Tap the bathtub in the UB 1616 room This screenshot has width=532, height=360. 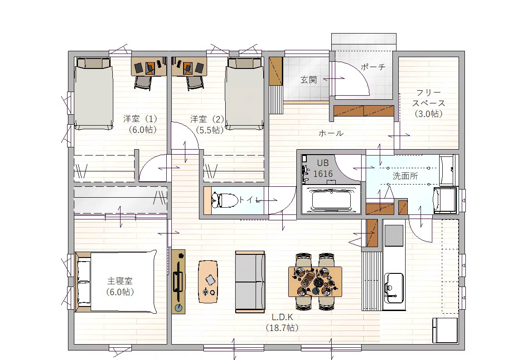pos(331,200)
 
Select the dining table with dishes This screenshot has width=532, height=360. pos(315,282)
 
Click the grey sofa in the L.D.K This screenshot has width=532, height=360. pos(250,282)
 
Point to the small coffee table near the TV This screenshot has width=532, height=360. pos(208,282)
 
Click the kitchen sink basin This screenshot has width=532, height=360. pos(394,288)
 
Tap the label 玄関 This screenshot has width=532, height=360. pos(309,80)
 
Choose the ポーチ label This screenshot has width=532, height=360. pos(373,67)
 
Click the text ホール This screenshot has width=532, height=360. pos(331,133)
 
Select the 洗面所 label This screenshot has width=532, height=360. pos(405,176)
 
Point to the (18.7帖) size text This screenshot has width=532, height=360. pos(282,328)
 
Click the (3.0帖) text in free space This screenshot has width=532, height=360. pos(429,114)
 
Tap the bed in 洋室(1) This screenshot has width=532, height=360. pos(93,93)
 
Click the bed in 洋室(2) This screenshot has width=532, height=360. pos(244,93)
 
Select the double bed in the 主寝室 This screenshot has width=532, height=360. pos(116,282)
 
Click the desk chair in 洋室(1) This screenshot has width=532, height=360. pos(143,83)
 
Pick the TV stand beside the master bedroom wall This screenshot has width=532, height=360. pos(178,282)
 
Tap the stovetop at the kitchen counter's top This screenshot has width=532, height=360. pos(394,235)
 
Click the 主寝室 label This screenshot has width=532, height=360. pos(120,281)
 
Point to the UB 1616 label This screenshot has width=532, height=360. pos(323,169)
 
